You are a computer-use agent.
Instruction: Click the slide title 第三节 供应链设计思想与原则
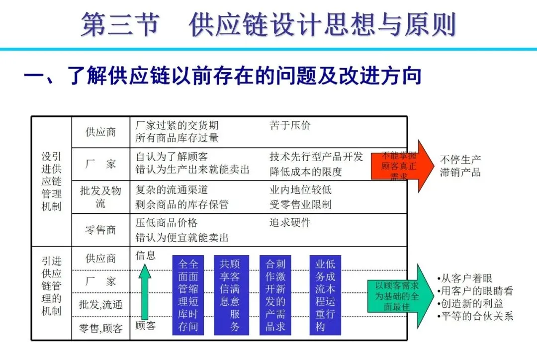(x=268, y=24)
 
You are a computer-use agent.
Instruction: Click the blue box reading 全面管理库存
(x=188, y=295)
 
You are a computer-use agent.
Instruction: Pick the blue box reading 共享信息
(x=230, y=295)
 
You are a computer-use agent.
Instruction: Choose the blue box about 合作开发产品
(x=275, y=295)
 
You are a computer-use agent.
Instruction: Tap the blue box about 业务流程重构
(x=325, y=295)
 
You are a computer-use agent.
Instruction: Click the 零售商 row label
(x=100, y=230)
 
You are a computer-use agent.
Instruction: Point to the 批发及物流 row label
(x=100, y=196)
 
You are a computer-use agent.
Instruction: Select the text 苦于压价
(x=290, y=125)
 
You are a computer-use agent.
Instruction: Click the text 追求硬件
(x=290, y=222)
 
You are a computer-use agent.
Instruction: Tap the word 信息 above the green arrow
(x=145, y=255)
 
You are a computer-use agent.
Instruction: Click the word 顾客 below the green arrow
(x=145, y=326)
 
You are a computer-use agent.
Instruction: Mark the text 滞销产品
(x=460, y=173)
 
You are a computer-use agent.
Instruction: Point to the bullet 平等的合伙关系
(x=474, y=316)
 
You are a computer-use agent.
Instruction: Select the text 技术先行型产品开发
(x=316, y=157)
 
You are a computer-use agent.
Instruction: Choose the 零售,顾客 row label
(x=100, y=328)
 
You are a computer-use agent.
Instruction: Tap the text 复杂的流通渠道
(x=172, y=189)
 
